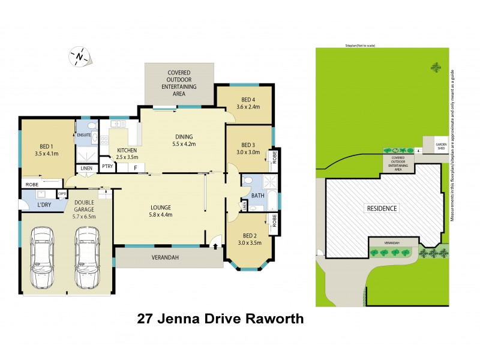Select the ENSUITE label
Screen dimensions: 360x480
pyautogui.click(x=85, y=135)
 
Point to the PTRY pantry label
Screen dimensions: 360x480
pyautogui.click(x=107, y=167)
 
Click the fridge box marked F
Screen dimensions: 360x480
pyautogui.click(x=136, y=167)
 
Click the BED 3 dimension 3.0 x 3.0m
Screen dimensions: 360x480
pyautogui.click(x=248, y=152)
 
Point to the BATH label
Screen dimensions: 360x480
pyautogui.click(x=258, y=196)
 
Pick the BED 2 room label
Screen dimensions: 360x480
pyautogui.click(x=248, y=236)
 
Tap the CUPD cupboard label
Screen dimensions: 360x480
pyautogui.click(x=61, y=193)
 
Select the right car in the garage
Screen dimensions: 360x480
pyautogui.click(x=86, y=257)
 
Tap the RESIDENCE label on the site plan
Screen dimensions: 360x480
pyautogui.click(x=382, y=209)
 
